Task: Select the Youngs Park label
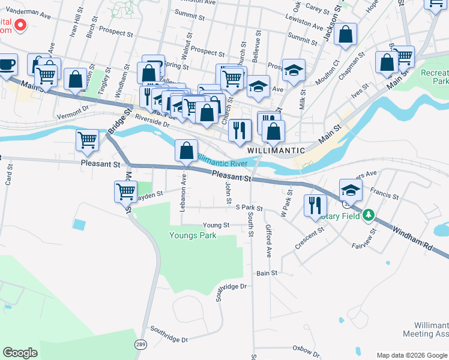coord(192,236)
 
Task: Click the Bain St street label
coord(267,273)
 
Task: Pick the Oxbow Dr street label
coord(306,348)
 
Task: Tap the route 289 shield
coord(140,344)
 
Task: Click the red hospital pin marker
coord(19,25)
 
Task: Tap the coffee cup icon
coord(7,65)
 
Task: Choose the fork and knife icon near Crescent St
coord(315,206)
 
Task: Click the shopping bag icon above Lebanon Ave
coord(187,150)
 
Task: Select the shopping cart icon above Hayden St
coord(126,192)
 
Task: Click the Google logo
coord(20,353)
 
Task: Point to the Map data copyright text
coord(411,355)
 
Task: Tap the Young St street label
coord(216,226)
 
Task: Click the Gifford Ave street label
coord(268,240)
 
